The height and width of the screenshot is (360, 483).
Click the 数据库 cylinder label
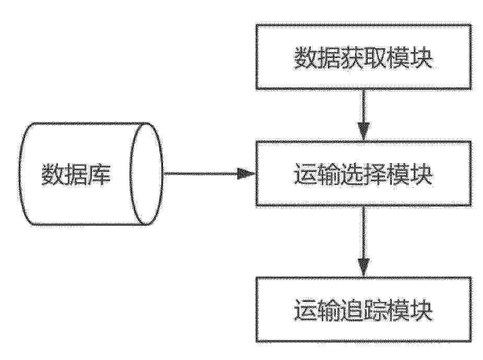[76, 174]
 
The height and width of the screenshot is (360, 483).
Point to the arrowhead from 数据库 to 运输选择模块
[246, 173]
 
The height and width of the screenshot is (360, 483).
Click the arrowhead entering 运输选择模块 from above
[363, 132]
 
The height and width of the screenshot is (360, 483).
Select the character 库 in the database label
[100, 174]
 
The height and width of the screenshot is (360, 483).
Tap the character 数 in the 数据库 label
[53, 174]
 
